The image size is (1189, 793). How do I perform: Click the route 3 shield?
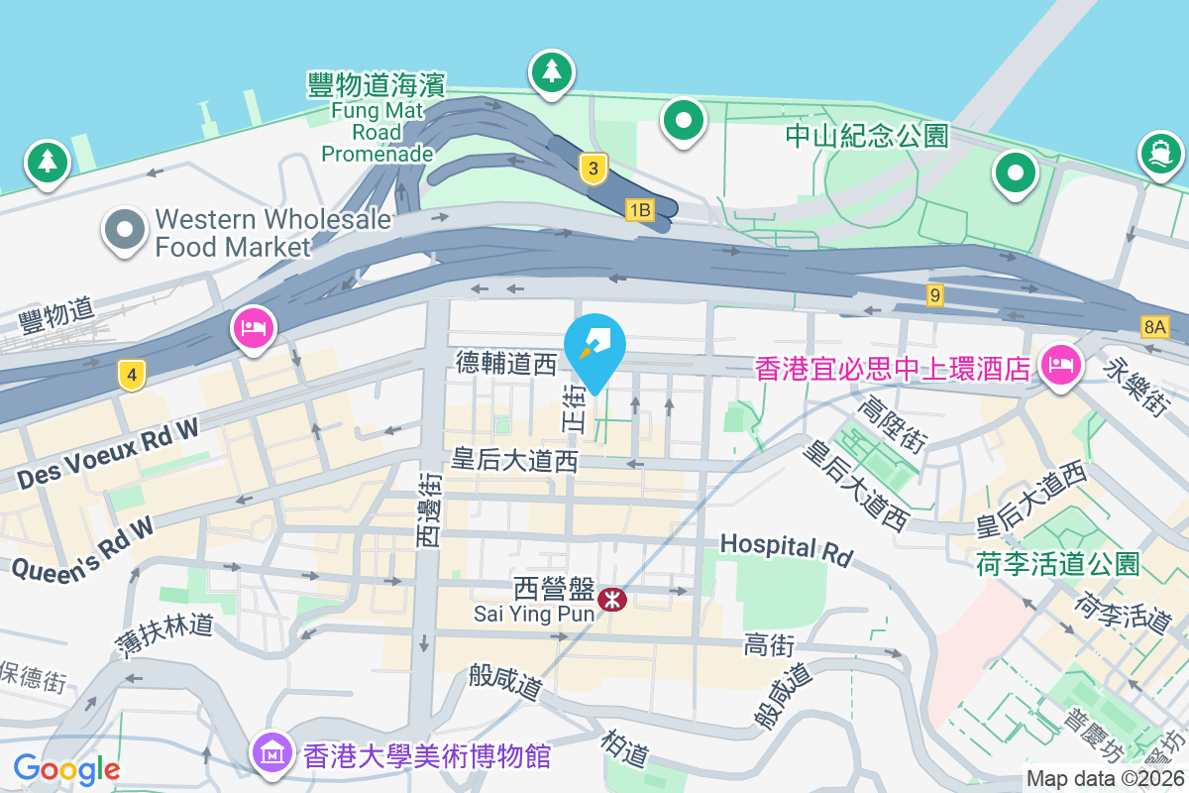point(593,169)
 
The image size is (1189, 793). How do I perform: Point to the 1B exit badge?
point(640,209)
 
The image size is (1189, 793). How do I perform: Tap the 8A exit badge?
point(1155,326)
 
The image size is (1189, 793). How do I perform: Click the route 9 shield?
point(935,294)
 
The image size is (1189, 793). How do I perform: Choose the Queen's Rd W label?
point(83,547)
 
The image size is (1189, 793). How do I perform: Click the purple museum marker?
point(270,752)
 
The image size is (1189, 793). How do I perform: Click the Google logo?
point(66,768)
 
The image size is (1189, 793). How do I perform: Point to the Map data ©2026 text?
point(1105,779)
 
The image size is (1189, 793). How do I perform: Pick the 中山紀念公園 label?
point(867,136)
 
